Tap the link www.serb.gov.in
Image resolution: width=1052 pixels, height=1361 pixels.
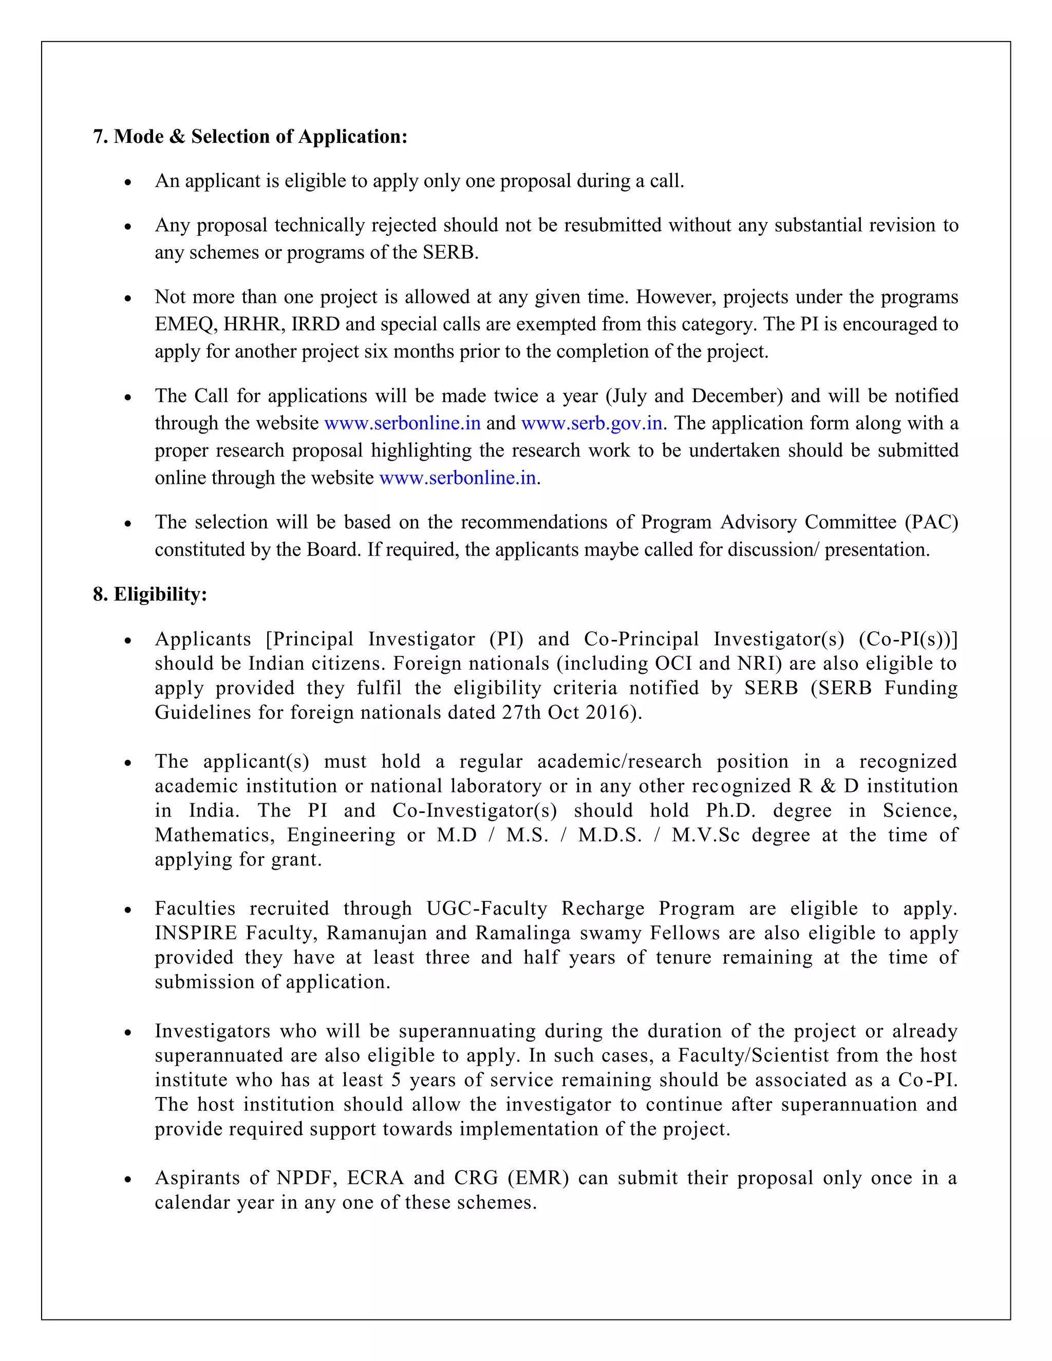[x=591, y=423]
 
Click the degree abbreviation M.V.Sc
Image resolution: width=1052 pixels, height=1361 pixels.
[x=705, y=835]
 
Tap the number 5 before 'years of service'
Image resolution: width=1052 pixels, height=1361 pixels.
[x=397, y=1080]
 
